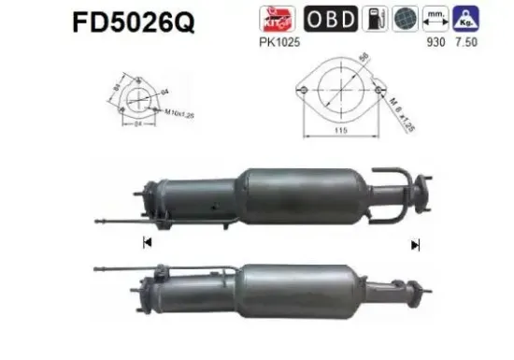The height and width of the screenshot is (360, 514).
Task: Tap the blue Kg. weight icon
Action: (467, 19)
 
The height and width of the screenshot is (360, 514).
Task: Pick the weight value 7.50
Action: (468, 43)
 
